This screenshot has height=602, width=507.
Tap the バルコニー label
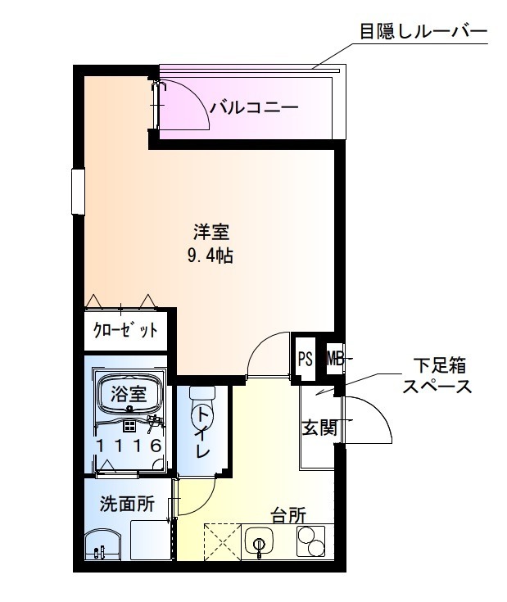(252, 107)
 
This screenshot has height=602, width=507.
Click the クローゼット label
(125, 332)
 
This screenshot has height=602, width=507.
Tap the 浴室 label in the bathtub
(129, 392)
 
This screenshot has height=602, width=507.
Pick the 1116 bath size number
(128, 446)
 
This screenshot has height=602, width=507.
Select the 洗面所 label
(127, 505)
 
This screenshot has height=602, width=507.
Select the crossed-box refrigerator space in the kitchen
(220, 542)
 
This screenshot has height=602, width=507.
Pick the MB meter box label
(334, 358)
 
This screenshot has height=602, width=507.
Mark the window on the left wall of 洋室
(78, 190)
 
